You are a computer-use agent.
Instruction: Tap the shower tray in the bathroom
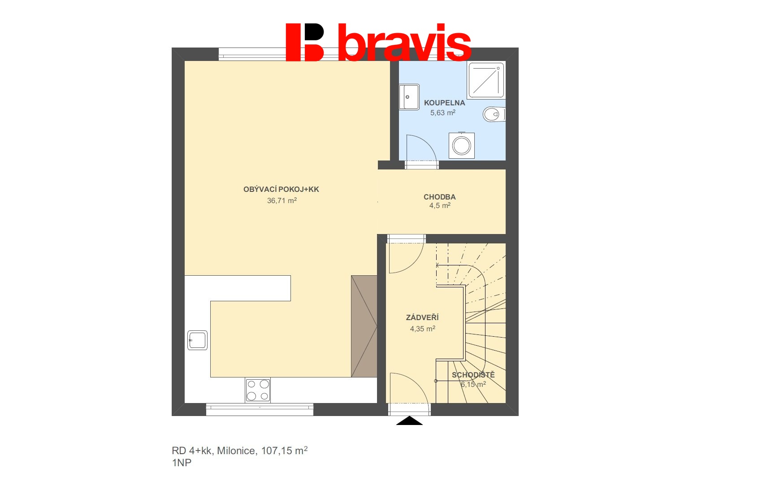pos(486,80)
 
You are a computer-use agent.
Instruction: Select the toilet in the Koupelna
pos(494,114)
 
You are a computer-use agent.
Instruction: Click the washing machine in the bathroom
pos(462,146)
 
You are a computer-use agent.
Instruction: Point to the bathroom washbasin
pos(409,97)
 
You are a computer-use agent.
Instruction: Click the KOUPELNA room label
pos(444,103)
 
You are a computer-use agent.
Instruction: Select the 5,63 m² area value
pos(442,113)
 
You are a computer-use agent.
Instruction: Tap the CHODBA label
pos(440,197)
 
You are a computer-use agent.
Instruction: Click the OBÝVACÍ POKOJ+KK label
pos(281,189)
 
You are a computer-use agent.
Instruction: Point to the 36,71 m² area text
pos(282,200)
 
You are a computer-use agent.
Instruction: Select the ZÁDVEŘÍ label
pos(422,317)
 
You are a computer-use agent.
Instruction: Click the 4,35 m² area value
pos(423,329)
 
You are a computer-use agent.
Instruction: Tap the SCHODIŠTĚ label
pos(473,375)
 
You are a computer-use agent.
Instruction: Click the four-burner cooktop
pos(258,390)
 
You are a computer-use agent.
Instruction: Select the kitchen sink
pos(197,340)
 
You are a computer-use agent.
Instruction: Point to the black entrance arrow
pos(409,421)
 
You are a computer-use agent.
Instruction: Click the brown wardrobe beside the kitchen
pos(364,326)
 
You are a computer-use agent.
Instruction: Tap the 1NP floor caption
pos(182,463)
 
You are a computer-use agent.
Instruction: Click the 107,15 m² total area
pos(284,451)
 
